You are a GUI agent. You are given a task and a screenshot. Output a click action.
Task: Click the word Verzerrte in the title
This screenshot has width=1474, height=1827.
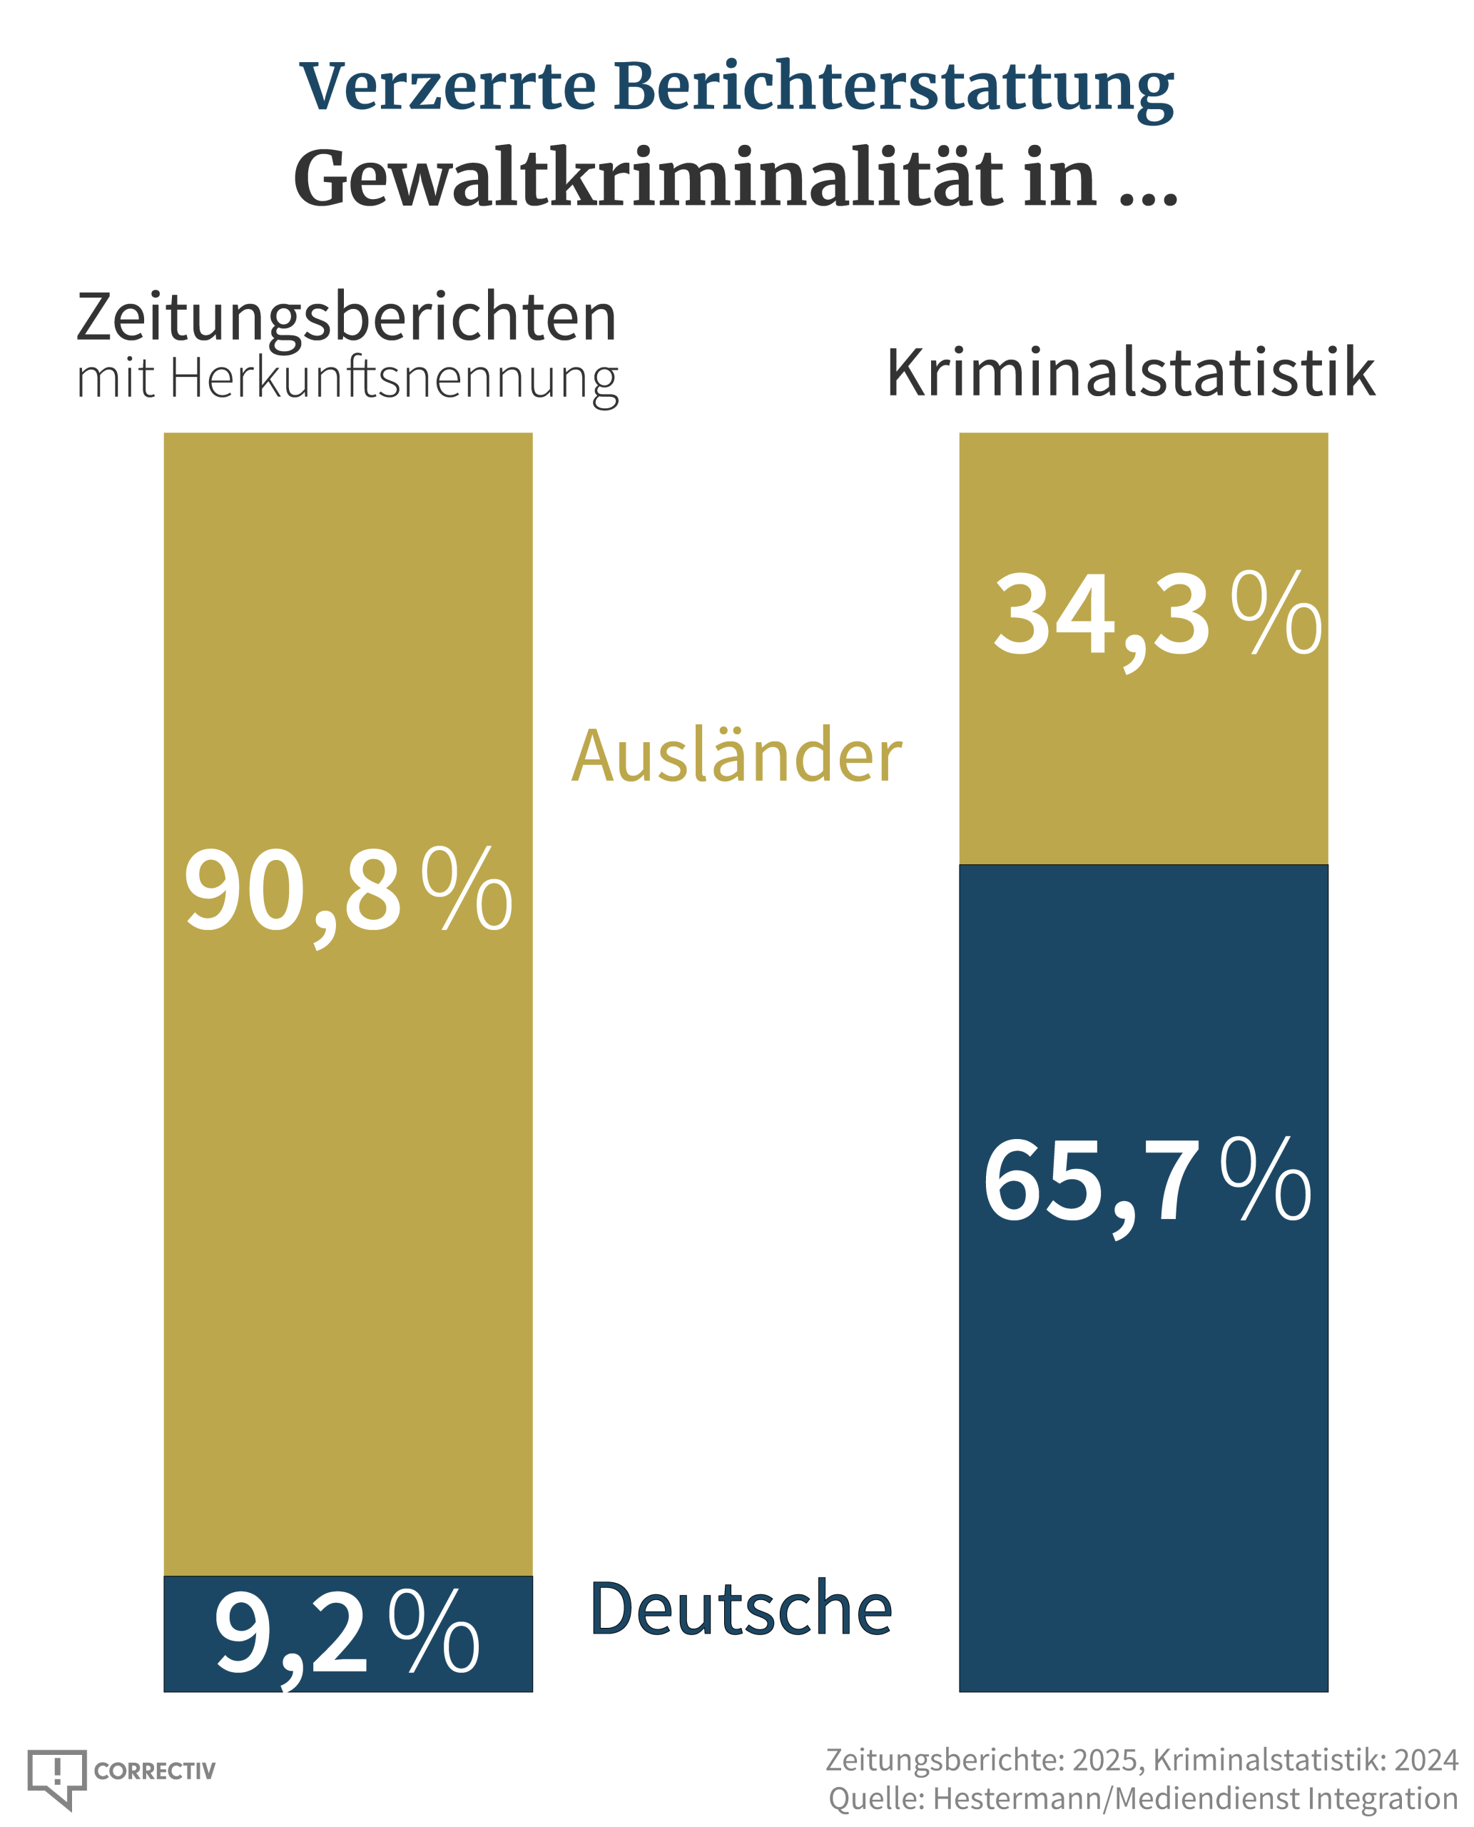447,86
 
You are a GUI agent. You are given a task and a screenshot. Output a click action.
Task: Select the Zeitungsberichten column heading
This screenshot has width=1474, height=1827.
347,317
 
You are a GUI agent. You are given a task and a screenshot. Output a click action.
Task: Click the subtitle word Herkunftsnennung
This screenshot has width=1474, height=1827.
394,378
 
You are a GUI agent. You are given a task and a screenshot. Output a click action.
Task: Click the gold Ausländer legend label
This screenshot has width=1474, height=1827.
736,756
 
